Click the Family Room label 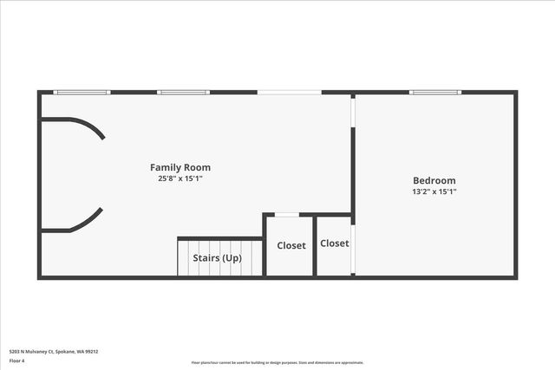[x=180, y=167]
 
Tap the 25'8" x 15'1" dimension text [x=180, y=179]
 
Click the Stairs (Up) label [x=219, y=258]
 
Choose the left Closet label [x=291, y=245]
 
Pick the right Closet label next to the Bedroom [x=334, y=243]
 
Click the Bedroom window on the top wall [x=435, y=92]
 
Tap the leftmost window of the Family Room [x=82, y=92]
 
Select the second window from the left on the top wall [x=184, y=92]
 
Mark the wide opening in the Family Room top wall [x=289, y=92]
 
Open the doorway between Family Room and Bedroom [x=352, y=111]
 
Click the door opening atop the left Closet [x=287, y=214]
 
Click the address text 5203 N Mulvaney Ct [x=53, y=351]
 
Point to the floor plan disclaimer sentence [x=277, y=362]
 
